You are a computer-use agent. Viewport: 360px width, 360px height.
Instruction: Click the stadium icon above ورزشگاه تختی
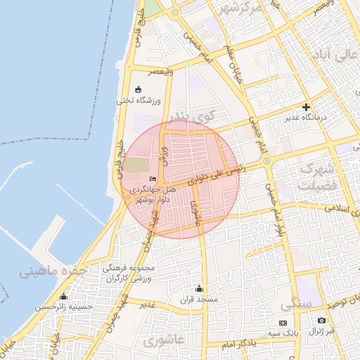[x=137, y=89]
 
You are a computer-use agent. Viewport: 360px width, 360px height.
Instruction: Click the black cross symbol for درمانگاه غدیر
[x=306, y=107]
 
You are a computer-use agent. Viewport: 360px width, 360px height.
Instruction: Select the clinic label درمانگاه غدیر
[x=306, y=117]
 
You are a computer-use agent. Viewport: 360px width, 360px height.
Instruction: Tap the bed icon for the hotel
[x=153, y=180]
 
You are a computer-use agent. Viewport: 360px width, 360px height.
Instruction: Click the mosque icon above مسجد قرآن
[x=199, y=288]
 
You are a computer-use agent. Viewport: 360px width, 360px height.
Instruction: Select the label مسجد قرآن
[x=199, y=300]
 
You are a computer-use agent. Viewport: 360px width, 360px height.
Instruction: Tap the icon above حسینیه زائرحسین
[x=64, y=296]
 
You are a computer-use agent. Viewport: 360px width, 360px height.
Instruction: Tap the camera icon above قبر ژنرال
[x=322, y=321]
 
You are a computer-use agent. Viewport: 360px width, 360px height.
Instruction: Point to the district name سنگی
[x=296, y=306]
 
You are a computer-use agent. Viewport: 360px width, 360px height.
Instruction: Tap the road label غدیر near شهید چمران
[x=147, y=304]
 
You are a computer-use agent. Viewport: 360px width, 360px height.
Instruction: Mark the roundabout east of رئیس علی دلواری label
[x=266, y=161]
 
